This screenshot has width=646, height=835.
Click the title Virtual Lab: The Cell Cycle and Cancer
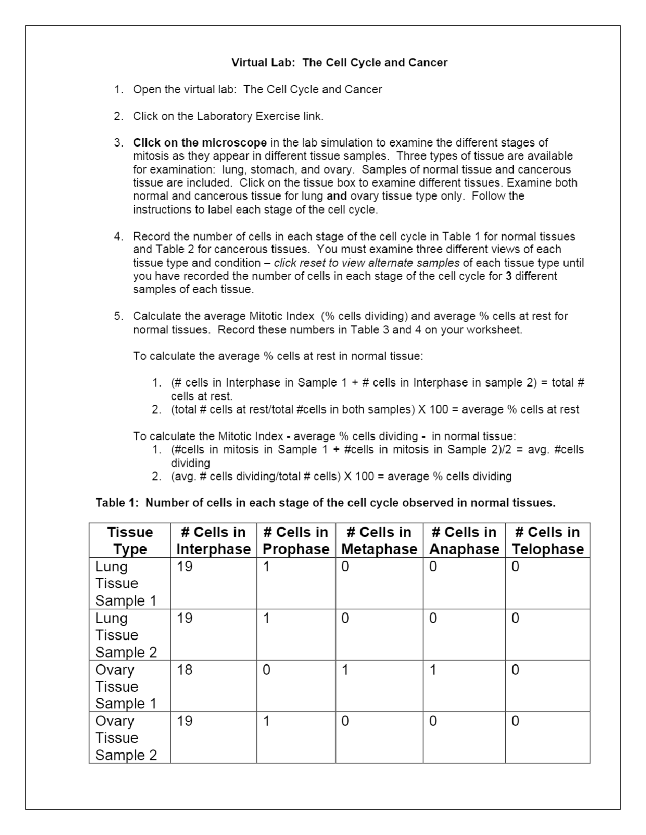coord(339,63)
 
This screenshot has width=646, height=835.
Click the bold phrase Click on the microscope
coord(200,143)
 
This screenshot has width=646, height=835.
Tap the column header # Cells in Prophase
coord(296,541)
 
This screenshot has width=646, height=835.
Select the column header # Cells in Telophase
coord(547,541)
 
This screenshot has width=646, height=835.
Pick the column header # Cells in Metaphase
coord(379,541)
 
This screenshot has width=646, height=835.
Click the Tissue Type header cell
coord(130,541)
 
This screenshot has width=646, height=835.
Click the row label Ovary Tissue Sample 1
coord(126,686)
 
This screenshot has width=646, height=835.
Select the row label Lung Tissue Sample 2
coord(126,635)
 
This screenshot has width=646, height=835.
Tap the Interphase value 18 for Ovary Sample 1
coord(185,670)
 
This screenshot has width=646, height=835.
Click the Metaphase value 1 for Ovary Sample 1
coord(345,670)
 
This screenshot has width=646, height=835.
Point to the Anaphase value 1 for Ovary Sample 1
coord(433,670)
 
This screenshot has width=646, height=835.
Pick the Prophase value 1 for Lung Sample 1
coord(266,566)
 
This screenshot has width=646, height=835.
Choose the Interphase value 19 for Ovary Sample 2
coord(185,721)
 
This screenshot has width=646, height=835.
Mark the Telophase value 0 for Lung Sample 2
coord(515,618)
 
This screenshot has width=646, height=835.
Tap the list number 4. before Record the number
coord(119,236)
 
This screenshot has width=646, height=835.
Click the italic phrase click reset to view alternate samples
coord(367,263)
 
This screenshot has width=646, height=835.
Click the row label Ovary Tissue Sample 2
coord(126,738)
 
